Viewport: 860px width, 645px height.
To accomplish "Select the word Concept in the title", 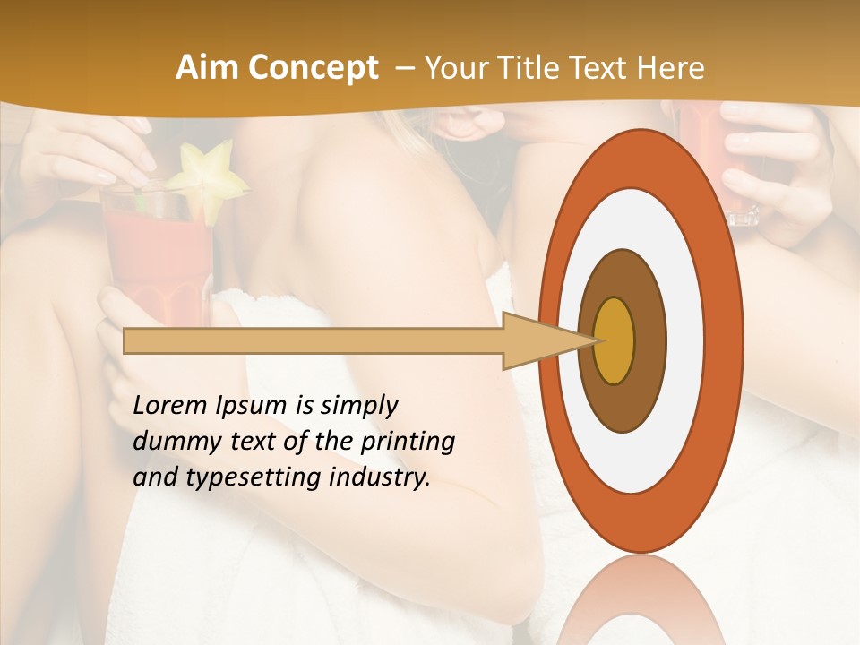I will (312, 68).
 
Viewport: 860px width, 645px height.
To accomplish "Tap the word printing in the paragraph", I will (408, 442).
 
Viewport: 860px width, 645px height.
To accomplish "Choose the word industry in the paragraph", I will (380, 477).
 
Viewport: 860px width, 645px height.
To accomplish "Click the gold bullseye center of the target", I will (614, 340).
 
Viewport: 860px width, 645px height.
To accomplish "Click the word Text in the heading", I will (611, 68).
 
